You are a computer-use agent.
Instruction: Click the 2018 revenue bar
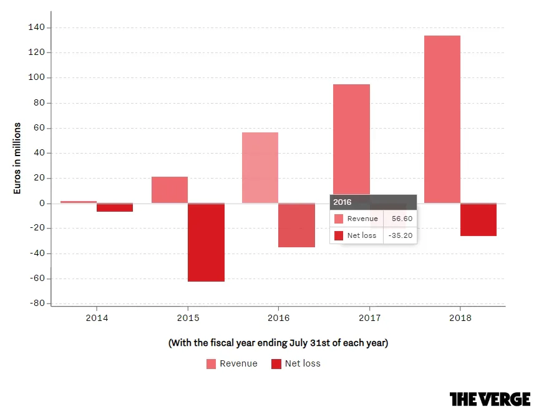tap(442, 119)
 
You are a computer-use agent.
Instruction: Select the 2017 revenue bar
tap(351, 139)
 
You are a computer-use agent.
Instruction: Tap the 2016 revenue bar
tap(260, 168)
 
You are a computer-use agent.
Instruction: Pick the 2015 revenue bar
tap(170, 190)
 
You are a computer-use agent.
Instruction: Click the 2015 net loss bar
tap(206, 242)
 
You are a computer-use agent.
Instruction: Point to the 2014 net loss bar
tap(115, 207)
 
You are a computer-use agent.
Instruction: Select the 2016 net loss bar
tap(296, 225)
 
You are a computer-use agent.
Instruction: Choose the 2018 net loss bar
tap(479, 220)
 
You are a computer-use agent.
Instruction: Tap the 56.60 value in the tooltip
tap(402, 219)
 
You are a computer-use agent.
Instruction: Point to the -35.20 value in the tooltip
tap(401, 235)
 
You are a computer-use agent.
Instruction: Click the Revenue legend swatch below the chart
tap(211, 364)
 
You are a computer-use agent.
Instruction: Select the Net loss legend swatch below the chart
tap(276, 364)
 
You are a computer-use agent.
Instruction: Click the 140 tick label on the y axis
tap(36, 27)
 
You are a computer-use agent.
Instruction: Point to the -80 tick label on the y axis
tap(37, 303)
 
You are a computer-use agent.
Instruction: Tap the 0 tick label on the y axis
tap(42, 203)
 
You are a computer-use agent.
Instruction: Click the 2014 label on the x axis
tap(97, 318)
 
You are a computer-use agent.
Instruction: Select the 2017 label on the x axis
tap(370, 318)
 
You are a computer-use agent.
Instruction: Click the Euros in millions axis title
tap(17, 159)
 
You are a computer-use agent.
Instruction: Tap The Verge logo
tap(490, 399)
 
